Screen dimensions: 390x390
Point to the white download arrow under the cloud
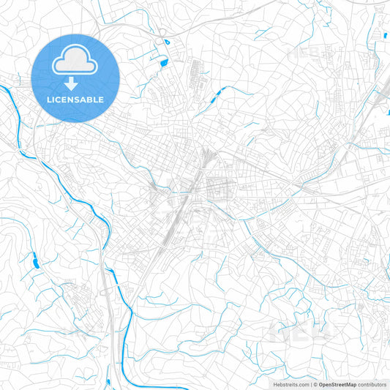76,83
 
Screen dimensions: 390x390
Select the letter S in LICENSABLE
80,100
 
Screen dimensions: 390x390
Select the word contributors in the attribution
372,384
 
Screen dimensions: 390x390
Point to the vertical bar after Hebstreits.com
310,384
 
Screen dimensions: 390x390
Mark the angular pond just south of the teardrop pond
162,62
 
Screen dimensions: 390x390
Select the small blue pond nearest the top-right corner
383,34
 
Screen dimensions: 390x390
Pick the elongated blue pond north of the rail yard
217,95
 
